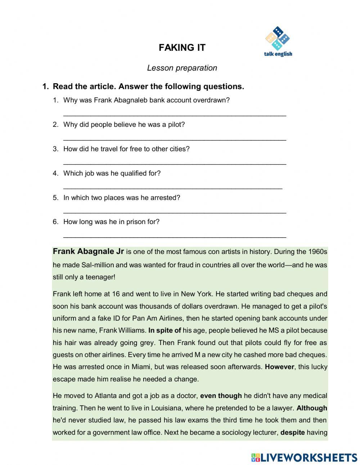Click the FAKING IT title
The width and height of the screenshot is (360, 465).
tap(182, 48)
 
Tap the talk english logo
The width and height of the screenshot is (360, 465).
tap(278, 42)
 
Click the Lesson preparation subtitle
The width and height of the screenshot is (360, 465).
tap(182, 68)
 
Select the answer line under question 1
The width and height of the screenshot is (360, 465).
tap(175, 115)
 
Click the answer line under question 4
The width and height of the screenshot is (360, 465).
tap(173, 188)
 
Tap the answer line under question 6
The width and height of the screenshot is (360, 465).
tap(175, 237)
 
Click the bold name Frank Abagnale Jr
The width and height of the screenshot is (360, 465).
tap(88, 251)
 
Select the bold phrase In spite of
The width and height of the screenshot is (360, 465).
tap(165, 330)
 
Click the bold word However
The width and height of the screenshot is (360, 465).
tap(280, 367)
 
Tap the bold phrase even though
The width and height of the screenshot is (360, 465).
tap(221, 395)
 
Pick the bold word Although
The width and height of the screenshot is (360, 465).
tap(312, 408)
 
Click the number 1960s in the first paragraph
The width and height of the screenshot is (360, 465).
tap(317, 251)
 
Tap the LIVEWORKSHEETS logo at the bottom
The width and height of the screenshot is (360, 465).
tap(304, 457)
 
